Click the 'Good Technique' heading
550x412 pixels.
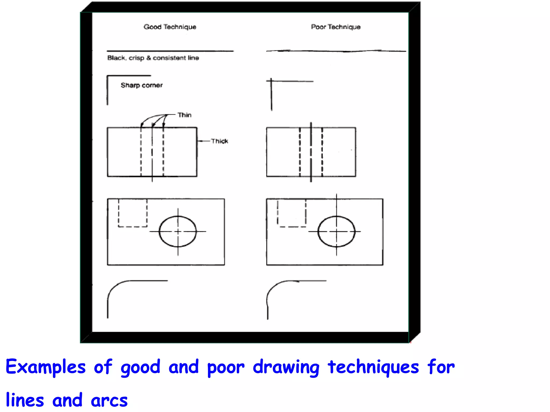(170, 27)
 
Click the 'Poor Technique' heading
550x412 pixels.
(336, 27)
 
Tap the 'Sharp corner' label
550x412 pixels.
(142, 85)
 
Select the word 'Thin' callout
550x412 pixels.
(184, 115)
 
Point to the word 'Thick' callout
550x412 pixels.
(219, 141)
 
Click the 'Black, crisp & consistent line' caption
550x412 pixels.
(153, 58)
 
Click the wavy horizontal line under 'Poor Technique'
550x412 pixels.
(336, 51)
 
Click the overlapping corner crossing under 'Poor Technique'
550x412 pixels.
(271, 80)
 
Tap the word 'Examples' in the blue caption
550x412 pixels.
(46, 367)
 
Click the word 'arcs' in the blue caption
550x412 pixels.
(109, 400)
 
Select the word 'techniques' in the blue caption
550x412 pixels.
(373, 367)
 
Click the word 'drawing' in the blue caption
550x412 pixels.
(286, 367)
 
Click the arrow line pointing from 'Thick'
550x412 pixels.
(204, 141)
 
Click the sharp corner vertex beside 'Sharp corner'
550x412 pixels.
(107, 76)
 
